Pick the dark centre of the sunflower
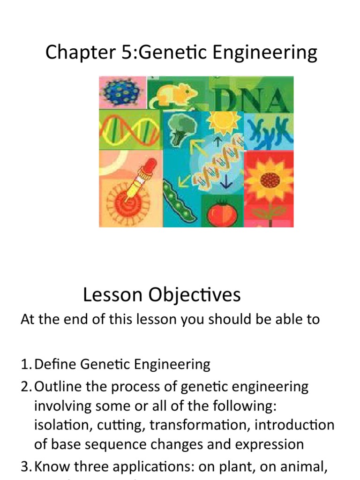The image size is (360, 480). [270, 180]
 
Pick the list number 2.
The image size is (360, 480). [25, 387]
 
